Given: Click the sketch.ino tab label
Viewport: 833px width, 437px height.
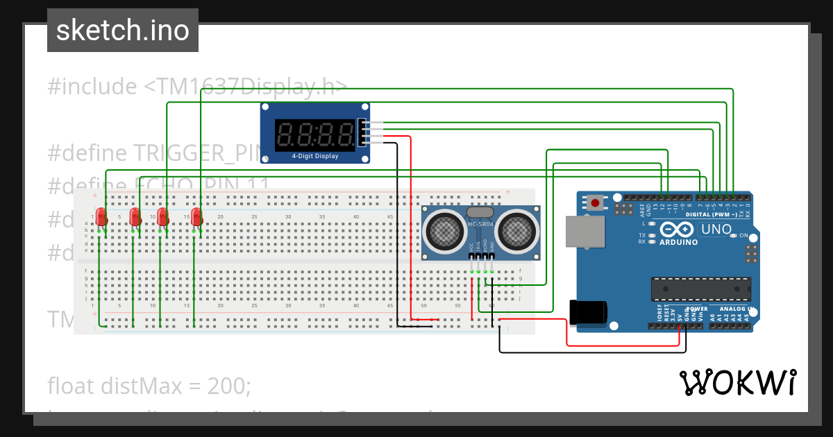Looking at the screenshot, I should click(123, 31).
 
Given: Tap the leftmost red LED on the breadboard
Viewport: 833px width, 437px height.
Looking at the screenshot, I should click(101, 217).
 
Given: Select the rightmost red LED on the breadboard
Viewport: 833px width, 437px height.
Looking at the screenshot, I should click(196, 217).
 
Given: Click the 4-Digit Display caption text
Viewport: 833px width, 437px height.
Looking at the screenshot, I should click(315, 156).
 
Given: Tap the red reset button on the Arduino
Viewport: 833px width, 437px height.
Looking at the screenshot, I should click(596, 203).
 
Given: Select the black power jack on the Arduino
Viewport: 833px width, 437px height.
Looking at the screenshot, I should click(587, 311).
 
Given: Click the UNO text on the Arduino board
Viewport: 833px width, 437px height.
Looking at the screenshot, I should click(716, 230).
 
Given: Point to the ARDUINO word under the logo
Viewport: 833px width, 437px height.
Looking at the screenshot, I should click(678, 242).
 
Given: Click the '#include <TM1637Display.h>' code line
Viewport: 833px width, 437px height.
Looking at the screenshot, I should click(197, 87).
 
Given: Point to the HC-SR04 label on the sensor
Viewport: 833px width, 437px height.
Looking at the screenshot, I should click(480, 225).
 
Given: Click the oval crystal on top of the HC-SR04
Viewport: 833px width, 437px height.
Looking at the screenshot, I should click(480, 212).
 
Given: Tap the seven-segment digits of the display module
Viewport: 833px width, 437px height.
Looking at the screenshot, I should click(314, 133).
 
